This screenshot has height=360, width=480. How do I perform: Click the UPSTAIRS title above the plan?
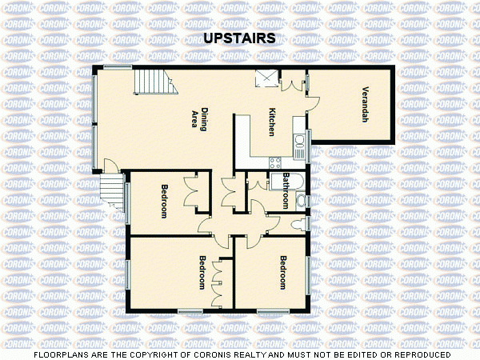[240, 38]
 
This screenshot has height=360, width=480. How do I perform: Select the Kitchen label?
[272, 122]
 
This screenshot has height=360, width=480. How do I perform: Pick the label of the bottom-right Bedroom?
[283, 272]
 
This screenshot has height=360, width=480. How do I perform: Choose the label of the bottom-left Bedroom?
[203, 273]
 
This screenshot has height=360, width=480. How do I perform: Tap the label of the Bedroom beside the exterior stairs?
[164, 202]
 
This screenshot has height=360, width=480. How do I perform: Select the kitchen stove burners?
[301, 144]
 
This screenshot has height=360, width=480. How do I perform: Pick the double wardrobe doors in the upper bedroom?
[190, 192]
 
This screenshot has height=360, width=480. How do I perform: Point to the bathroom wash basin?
[301, 199]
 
